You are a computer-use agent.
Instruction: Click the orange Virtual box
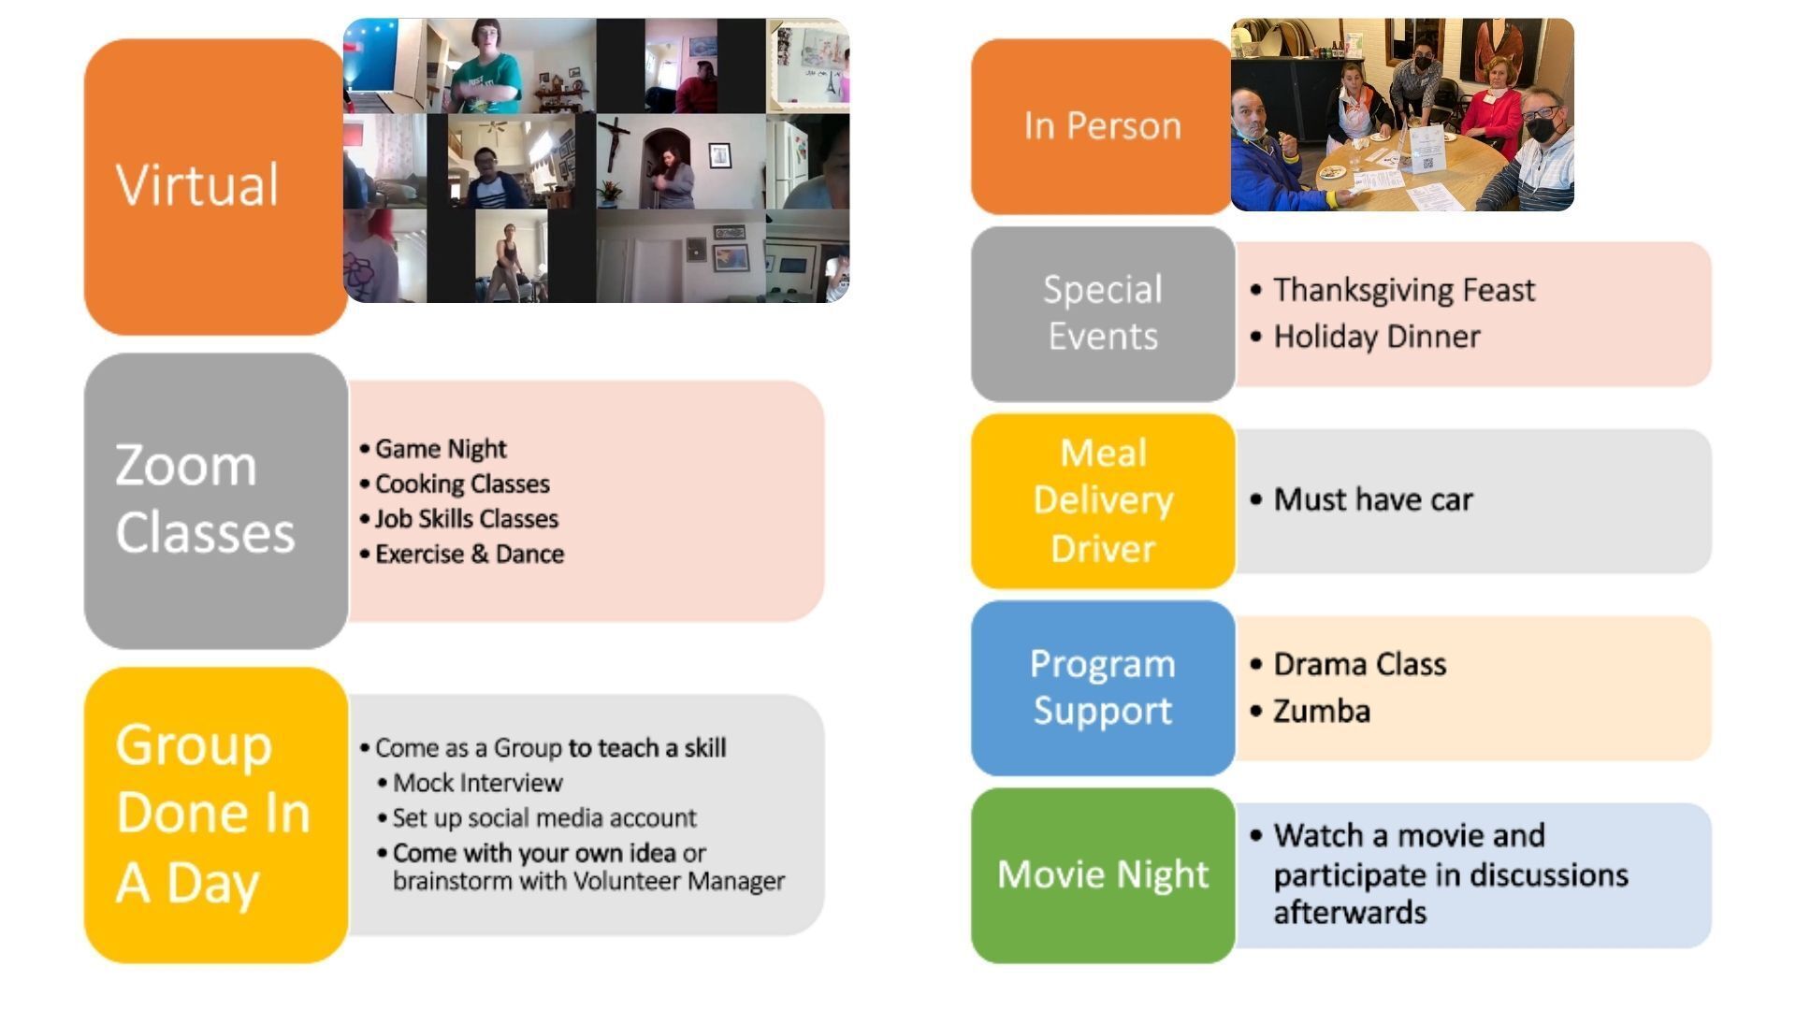coord(215,187)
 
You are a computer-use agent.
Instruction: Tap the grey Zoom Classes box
coord(215,500)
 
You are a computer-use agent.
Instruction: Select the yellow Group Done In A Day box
coord(215,815)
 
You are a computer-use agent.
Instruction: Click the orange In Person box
coord(1102,126)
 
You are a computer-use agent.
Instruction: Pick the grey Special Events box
coord(1103,313)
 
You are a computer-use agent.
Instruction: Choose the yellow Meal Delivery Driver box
coord(1103,500)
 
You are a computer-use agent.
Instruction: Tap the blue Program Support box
coord(1103,687)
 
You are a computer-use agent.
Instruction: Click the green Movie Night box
coord(1103,874)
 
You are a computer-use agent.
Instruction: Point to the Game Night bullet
coord(433,449)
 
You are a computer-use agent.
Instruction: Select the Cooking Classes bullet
coord(455,483)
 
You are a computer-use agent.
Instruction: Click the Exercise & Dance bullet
coord(462,554)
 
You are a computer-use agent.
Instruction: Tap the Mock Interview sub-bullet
coord(470,782)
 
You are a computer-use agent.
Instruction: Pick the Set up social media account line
coord(537,817)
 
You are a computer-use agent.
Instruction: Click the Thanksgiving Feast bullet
coord(1393,290)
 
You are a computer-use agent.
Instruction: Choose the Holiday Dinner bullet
coord(1366,337)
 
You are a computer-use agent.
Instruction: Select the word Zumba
coord(1322,711)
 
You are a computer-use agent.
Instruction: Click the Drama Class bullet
coord(1348,664)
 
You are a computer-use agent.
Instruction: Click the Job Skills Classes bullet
coord(459,519)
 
